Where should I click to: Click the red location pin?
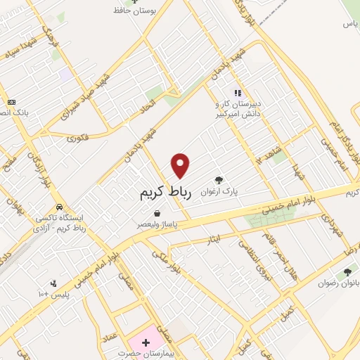181,165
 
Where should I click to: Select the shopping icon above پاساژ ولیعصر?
156,213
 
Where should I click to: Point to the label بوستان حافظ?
146,11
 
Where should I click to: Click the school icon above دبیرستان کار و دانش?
238,92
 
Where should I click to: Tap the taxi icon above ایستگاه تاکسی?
62,207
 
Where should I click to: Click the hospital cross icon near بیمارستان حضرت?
146,342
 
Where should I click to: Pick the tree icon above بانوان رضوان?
347,272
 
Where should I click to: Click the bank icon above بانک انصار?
11,102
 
